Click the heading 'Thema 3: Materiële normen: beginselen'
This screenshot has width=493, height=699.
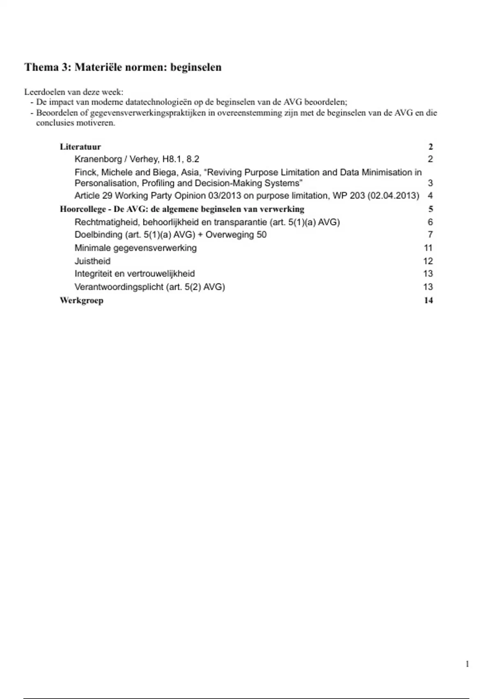pos(123,67)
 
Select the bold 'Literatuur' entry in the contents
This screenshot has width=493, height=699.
pos(80,147)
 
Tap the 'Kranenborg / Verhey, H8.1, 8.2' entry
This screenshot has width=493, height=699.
pos(137,159)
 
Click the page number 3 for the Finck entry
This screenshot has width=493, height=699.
pos(430,183)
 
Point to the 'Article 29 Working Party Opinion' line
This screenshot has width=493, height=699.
pos(246,196)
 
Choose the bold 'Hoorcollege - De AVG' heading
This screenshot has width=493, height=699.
pos(182,209)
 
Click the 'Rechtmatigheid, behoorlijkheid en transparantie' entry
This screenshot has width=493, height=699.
pos(207,222)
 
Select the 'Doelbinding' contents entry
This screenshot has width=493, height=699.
pos(170,235)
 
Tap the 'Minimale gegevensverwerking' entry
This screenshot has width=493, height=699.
pos(136,248)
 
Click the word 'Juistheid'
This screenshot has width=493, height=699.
pos(92,261)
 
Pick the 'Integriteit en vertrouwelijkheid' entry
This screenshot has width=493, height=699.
pos(135,274)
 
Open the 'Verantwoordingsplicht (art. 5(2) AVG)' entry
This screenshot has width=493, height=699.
pos(150,287)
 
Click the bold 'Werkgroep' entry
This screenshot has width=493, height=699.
pos(81,300)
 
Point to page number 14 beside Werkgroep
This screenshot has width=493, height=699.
pos(428,300)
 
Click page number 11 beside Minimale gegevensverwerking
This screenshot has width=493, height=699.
pos(428,248)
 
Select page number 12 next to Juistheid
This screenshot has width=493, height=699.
pos(428,261)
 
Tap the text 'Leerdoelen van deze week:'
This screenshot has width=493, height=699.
pos(74,92)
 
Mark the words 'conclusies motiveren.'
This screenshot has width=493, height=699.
pos(76,123)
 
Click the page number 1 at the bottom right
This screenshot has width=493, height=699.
pos(467,664)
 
